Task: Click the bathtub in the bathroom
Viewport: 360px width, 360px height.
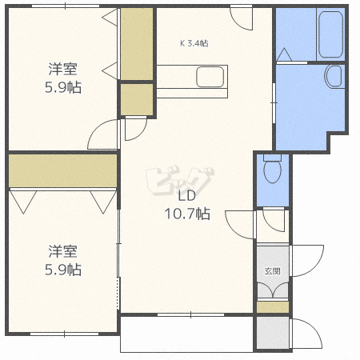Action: click(x=330, y=34)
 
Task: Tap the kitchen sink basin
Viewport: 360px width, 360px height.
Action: click(x=210, y=77)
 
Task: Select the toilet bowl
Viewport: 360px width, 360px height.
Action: click(x=272, y=170)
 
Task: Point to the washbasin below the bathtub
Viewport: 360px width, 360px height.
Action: click(x=334, y=76)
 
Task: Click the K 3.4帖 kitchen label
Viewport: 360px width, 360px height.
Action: click(x=194, y=43)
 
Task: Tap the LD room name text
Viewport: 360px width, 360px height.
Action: click(x=187, y=196)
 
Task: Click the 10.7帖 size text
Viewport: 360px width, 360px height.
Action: click(x=187, y=214)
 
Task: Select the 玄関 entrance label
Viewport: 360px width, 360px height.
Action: click(x=272, y=271)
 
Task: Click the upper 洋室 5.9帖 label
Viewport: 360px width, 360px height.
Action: click(x=63, y=78)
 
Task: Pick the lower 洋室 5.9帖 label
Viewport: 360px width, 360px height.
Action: click(x=63, y=260)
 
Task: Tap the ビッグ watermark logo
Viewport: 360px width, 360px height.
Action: click(x=180, y=182)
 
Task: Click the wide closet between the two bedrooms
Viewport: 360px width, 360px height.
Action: click(x=63, y=171)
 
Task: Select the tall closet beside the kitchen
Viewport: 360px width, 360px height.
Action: click(x=137, y=44)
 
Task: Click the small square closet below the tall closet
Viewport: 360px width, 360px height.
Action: click(x=137, y=99)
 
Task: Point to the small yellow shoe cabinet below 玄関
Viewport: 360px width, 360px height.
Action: click(x=273, y=307)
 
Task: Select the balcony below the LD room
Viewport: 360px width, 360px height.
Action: click(x=186, y=334)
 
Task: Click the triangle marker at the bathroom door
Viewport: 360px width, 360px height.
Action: click(x=284, y=54)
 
